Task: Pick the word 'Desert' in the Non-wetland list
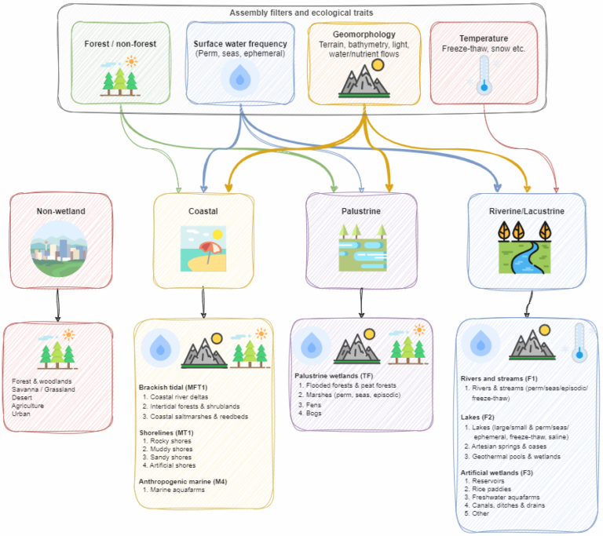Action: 24,396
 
